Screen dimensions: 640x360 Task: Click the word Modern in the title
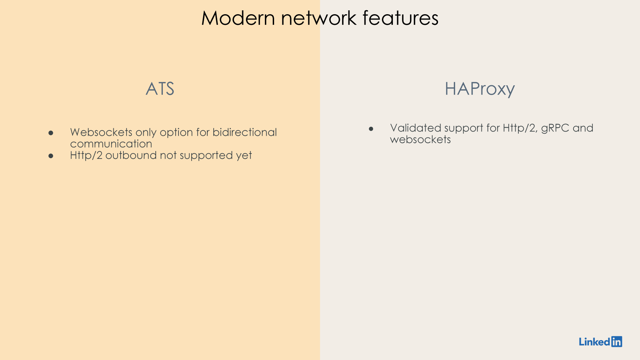tap(238, 18)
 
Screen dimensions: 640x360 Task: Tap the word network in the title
tap(319, 18)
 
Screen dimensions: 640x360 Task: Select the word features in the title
tap(400, 18)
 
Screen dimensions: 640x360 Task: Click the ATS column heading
tap(160, 89)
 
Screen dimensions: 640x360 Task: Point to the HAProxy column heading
tap(480, 89)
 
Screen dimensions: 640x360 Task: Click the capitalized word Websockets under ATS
tap(101, 132)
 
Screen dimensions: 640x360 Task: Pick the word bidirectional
tap(245, 132)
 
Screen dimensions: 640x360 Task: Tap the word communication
tap(111, 144)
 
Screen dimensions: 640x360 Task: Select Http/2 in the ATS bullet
tap(86, 155)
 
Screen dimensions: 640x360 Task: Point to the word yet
tap(244, 156)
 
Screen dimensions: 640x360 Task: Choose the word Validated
tap(415, 128)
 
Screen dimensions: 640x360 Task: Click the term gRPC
tap(555, 128)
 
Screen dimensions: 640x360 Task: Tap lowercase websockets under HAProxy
tap(420, 140)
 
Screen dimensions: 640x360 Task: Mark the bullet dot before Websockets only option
tap(51, 133)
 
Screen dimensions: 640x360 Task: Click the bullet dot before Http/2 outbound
tap(51, 156)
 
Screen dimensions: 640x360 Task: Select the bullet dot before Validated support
tap(371, 129)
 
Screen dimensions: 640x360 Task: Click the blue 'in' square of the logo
tap(617, 342)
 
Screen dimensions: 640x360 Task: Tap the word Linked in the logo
tap(594, 342)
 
